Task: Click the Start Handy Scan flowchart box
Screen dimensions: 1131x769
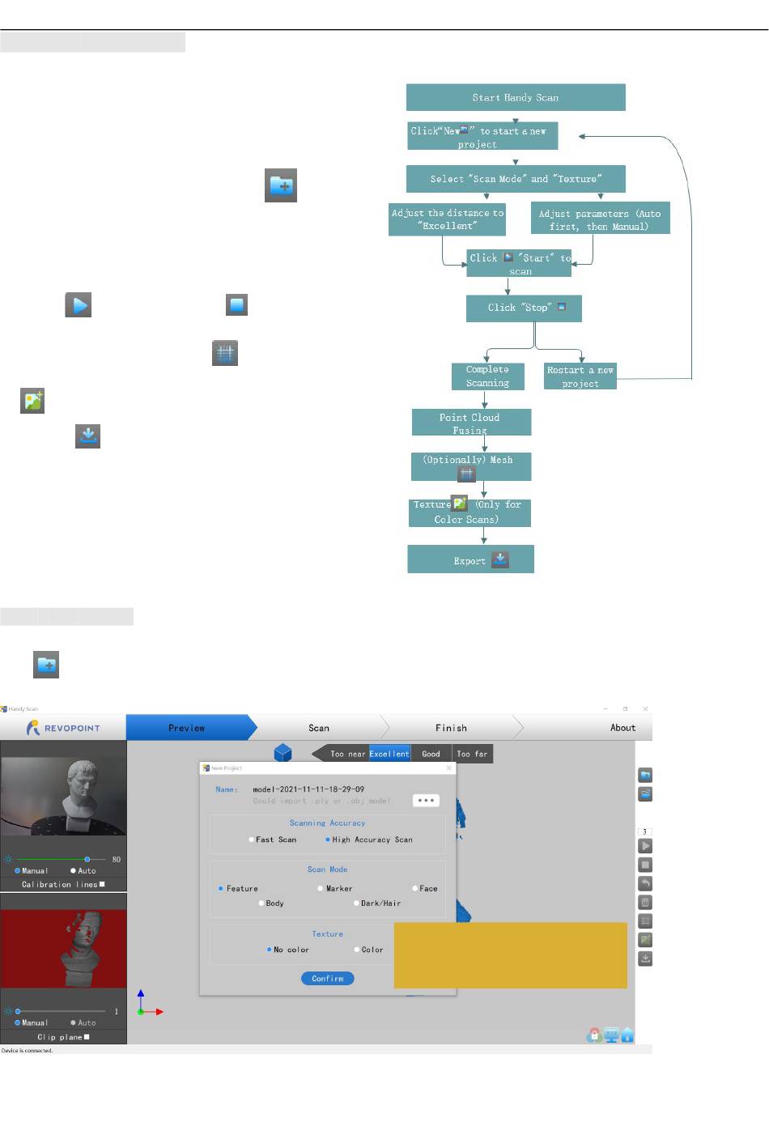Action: tap(516, 98)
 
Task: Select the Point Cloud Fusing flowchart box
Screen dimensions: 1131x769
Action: tap(471, 423)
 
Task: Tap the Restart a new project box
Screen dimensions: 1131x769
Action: tap(580, 376)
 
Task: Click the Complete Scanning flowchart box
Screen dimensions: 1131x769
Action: tap(487, 376)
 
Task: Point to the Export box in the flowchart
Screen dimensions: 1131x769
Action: tap(470, 559)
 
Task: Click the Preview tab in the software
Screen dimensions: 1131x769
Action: tap(187, 728)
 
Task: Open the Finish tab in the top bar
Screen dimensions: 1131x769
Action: tap(451, 728)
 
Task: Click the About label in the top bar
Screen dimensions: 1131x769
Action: tap(622, 728)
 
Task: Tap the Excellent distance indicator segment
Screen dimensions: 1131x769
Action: tap(389, 754)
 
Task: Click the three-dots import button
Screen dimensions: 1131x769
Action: tap(426, 800)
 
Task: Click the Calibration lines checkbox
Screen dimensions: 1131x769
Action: tap(102, 884)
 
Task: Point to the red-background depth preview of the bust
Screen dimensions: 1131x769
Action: tap(64, 948)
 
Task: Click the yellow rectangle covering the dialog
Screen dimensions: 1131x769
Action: tap(510, 955)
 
